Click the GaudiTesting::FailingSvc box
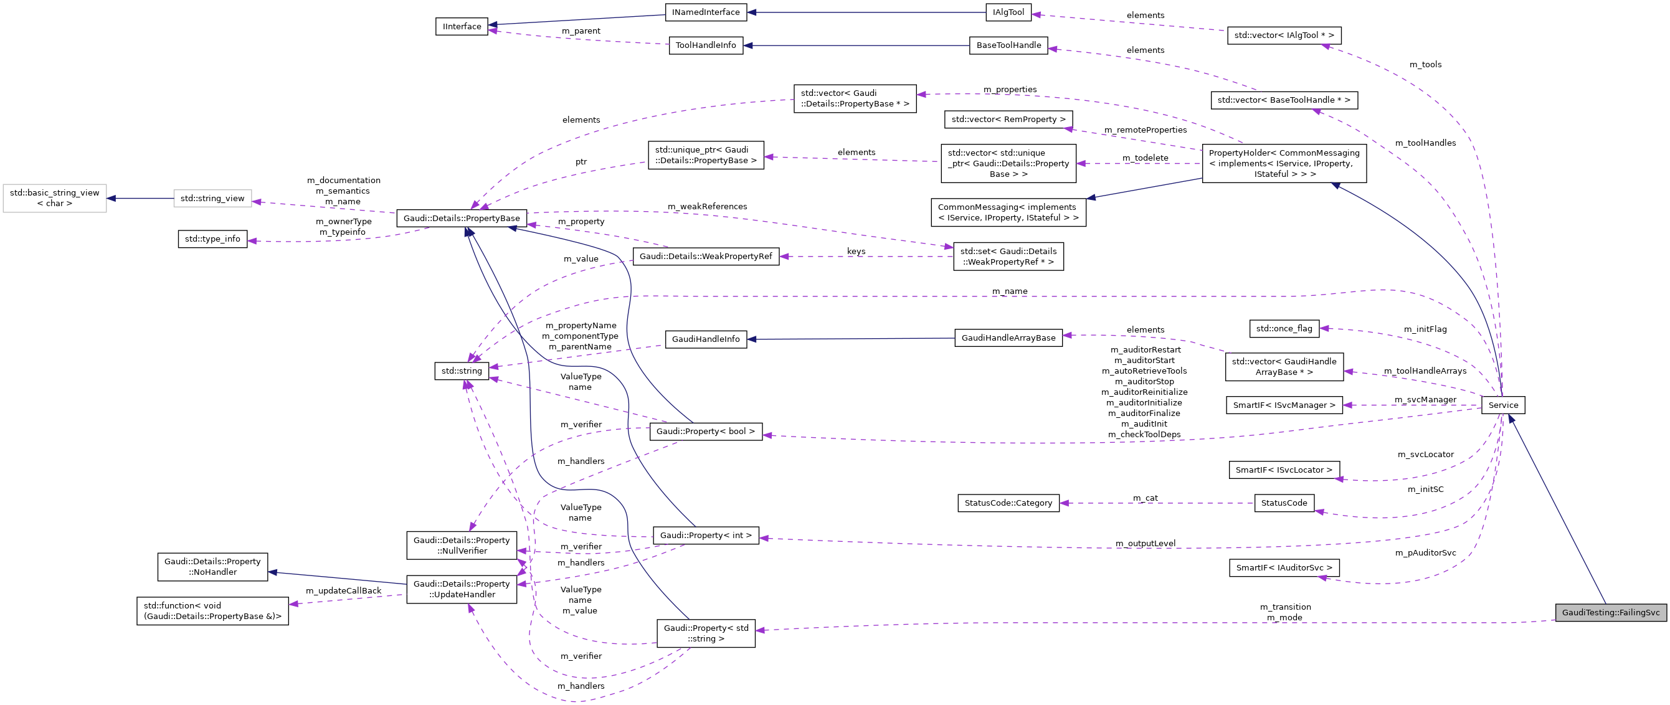coord(1610,612)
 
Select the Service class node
coord(1502,405)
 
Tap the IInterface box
coord(462,27)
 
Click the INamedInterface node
coord(705,12)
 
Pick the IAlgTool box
coord(1008,12)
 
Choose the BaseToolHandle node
coord(1008,45)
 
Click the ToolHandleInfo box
coord(705,45)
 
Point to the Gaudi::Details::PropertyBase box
coord(462,219)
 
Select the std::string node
coord(462,371)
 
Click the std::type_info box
coord(212,239)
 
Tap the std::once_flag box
coord(1284,329)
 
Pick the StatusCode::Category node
coord(1008,503)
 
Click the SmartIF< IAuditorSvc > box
coord(1284,567)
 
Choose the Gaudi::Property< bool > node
coord(705,432)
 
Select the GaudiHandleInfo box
coord(705,339)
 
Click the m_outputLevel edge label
coord(1145,543)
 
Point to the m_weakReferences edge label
coord(707,207)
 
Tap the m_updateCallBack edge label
coord(344,591)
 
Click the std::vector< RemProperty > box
coord(1008,120)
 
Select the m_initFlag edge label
coord(1425,329)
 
